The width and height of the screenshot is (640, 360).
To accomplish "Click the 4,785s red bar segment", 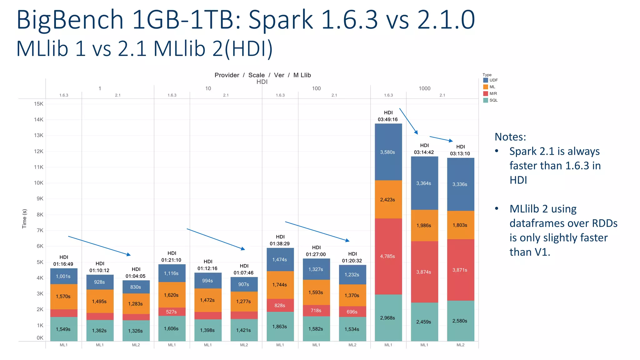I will [x=388, y=256].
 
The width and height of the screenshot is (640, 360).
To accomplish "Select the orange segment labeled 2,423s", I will [x=388, y=199].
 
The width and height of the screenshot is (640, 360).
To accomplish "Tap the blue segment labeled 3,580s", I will [x=388, y=152].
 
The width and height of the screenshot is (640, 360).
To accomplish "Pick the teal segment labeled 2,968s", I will [x=388, y=318].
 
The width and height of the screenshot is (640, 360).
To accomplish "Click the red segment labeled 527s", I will [x=172, y=312].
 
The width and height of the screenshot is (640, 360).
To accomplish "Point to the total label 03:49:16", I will [x=387, y=119].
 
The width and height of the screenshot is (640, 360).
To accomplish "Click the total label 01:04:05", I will [x=135, y=276].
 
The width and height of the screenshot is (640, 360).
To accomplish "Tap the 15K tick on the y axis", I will [x=39, y=104].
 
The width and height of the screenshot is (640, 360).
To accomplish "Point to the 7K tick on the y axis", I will [x=40, y=230].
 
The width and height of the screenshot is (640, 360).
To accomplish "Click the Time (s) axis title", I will [x=24, y=219].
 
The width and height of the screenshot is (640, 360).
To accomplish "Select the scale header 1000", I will [x=424, y=88].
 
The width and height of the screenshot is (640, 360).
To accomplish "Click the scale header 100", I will [x=316, y=88].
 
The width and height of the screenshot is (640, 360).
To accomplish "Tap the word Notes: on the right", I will [x=510, y=137].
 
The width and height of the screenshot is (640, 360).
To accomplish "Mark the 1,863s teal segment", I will [x=280, y=327].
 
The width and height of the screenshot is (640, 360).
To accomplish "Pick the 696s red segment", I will [x=352, y=312].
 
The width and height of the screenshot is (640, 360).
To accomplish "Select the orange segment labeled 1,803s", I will [x=460, y=225].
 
